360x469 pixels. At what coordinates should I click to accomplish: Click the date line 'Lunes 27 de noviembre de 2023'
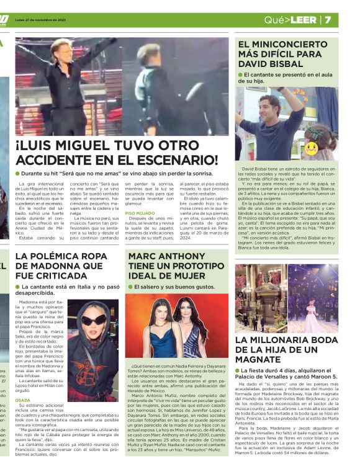tap(41, 19)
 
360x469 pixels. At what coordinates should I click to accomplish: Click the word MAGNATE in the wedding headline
tap(261, 360)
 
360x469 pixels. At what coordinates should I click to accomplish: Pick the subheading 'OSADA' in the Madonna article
tap(22, 400)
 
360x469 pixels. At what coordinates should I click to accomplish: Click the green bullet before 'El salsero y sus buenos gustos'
tap(130, 287)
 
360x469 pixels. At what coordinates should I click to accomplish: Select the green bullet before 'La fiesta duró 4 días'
tap(238, 370)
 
